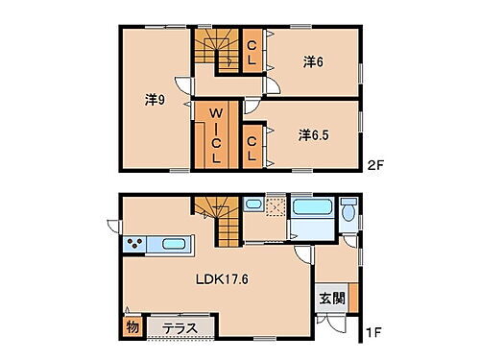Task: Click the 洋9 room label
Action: tap(154, 99)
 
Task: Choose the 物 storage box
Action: tap(131, 328)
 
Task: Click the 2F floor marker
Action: tap(375, 163)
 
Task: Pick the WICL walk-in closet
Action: tap(216, 135)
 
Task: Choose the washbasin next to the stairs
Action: tap(253, 204)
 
